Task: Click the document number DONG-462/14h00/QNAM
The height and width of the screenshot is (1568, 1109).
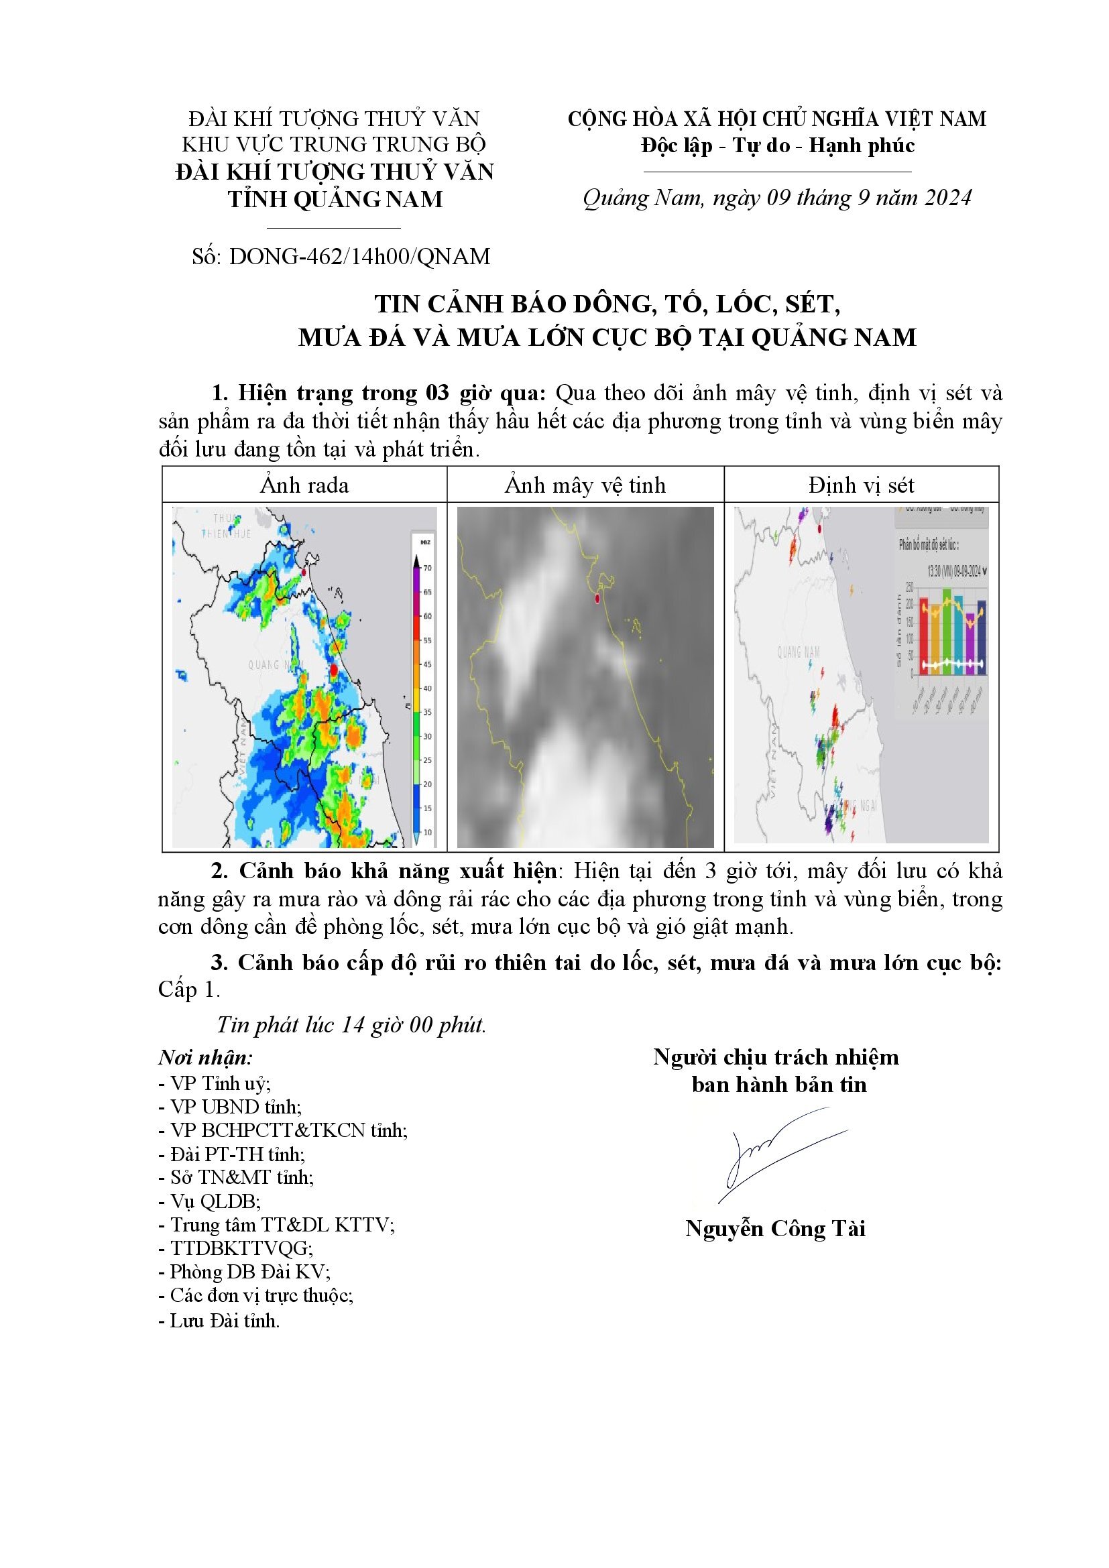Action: click(x=359, y=257)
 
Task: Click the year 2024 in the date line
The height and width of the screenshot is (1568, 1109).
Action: click(x=947, y=198)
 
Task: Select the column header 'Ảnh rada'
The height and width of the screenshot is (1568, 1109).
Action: click(x=304, y=485)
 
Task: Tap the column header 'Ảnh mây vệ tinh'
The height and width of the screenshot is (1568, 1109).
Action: click(x=585, y=485)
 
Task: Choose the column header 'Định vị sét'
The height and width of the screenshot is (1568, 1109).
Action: click(x=861, y=485)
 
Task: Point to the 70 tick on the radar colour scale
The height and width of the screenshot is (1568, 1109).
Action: click(x=428, y=568)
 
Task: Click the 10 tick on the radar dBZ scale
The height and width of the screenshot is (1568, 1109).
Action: click(x=428, y=833)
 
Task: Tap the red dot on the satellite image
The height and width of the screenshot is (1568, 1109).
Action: click(x=597, y=599)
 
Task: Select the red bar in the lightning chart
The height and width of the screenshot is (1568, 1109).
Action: click(x=923, y=636)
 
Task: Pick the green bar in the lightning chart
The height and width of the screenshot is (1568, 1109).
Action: click(x=947, y=631)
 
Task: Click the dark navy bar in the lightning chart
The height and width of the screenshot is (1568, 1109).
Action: click(x=982, y=638)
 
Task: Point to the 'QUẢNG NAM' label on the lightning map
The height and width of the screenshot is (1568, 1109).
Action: click(x=799, y=652)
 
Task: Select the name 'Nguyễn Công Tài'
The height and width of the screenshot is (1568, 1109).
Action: click(x=775, y=1229)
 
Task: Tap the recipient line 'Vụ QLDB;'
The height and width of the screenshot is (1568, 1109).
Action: click(x=209, y=1201)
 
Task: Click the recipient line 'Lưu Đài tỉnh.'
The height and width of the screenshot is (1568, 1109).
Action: click(x=219, y=1321)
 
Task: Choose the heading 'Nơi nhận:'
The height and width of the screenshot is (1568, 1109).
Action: click(x=206, y=1058)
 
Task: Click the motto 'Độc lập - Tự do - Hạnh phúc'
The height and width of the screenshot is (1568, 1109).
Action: click(x=777, y=146)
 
